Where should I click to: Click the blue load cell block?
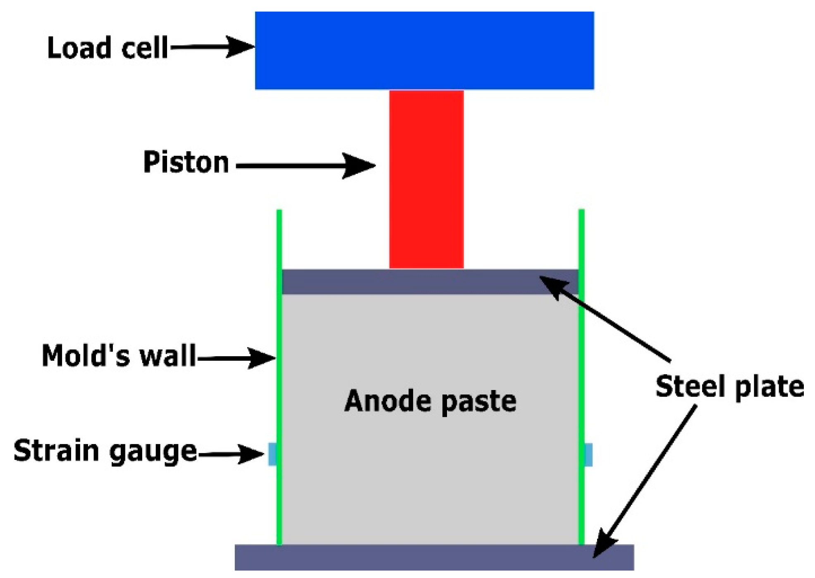pos(424,50)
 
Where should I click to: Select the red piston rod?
pos(426,179)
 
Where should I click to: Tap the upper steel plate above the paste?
pos(413,282)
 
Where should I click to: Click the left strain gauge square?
pos(272,454)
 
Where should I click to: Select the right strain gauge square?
pos(588,454)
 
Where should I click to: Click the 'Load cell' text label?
pos(108,48)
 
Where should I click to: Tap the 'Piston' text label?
pos(186,162)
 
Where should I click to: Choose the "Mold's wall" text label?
pos(119,355)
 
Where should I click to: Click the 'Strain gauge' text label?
pos(105,451)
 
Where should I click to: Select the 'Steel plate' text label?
pos(730,387)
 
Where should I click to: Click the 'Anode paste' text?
pos(430,401)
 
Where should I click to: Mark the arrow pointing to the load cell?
pos(213,47)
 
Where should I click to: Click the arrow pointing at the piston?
pos(306,166)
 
